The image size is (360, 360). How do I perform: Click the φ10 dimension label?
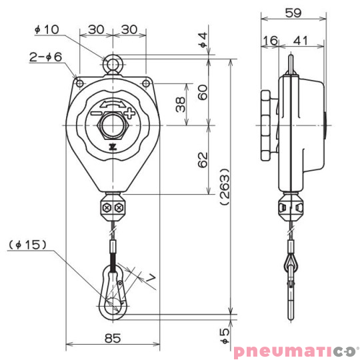[x=46, y=29]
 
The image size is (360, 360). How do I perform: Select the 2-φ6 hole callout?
[x=45, y=57]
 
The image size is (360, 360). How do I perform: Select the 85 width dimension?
[x=113, y=338]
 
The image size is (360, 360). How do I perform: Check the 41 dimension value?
[x=301, y=41]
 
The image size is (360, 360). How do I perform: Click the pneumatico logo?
[x=295, y=350]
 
